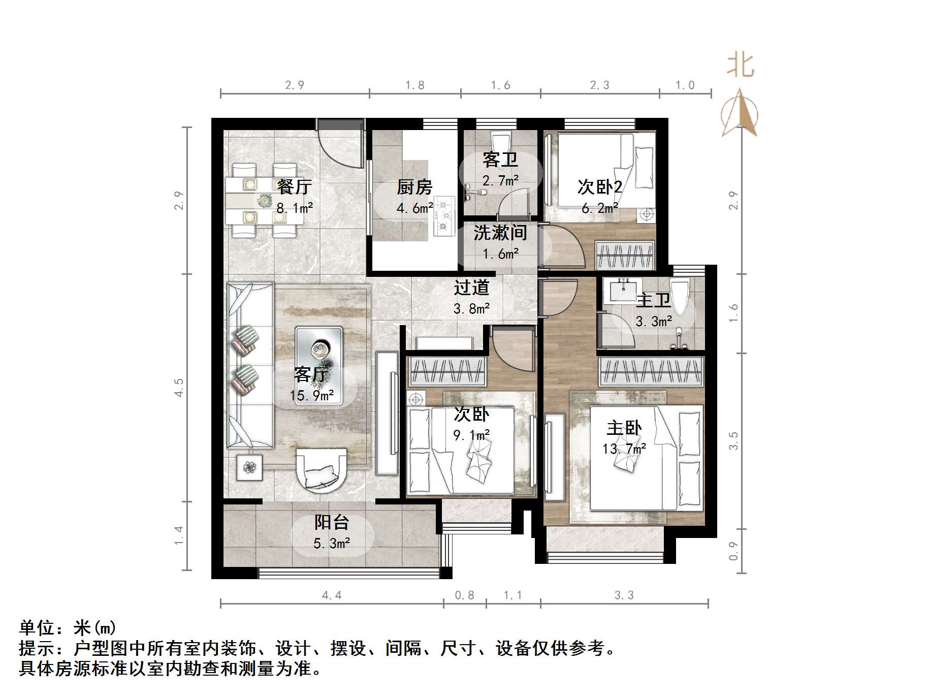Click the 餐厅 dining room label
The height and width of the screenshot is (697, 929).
294,186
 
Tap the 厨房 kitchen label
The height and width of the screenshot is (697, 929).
414,187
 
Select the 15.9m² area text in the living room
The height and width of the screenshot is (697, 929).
311,395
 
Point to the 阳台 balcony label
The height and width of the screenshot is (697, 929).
332,522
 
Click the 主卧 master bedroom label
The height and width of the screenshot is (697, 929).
624,428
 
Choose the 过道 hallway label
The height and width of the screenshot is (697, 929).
471,288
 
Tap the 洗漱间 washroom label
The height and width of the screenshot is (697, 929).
500,233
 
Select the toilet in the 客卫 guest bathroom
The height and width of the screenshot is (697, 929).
500,140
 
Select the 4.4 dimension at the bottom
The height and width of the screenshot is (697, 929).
332,595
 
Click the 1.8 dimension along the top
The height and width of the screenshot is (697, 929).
414,85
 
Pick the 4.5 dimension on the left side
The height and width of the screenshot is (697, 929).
178,387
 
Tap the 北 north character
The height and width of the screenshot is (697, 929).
740,66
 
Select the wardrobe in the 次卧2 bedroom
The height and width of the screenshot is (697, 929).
625,255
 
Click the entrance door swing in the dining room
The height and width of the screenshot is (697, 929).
340,147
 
